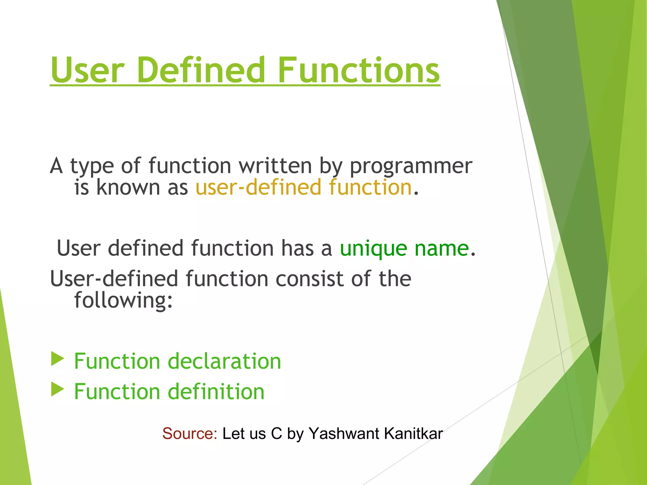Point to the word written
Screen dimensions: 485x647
[275, 165]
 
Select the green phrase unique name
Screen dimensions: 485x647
[404, 248]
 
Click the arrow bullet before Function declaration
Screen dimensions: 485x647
[57, 359]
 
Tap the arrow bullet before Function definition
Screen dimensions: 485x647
[57, 390]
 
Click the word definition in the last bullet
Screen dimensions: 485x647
[216, 392]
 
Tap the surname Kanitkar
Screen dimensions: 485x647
[414, 434]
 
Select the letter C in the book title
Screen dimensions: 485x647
[276, 434]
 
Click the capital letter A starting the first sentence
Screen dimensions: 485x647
[56, 165]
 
